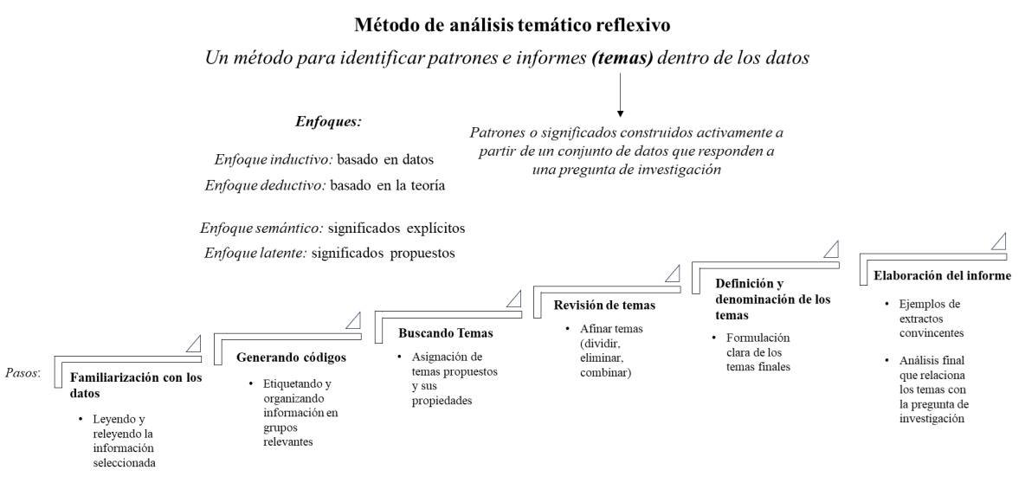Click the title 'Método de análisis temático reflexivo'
(511, 24)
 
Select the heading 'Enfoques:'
(327, 122)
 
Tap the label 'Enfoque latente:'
(255, 254)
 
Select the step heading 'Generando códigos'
(291, 357)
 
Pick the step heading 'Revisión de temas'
(604, 305)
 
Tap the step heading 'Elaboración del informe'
(942, 276)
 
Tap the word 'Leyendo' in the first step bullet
(112, 419)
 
